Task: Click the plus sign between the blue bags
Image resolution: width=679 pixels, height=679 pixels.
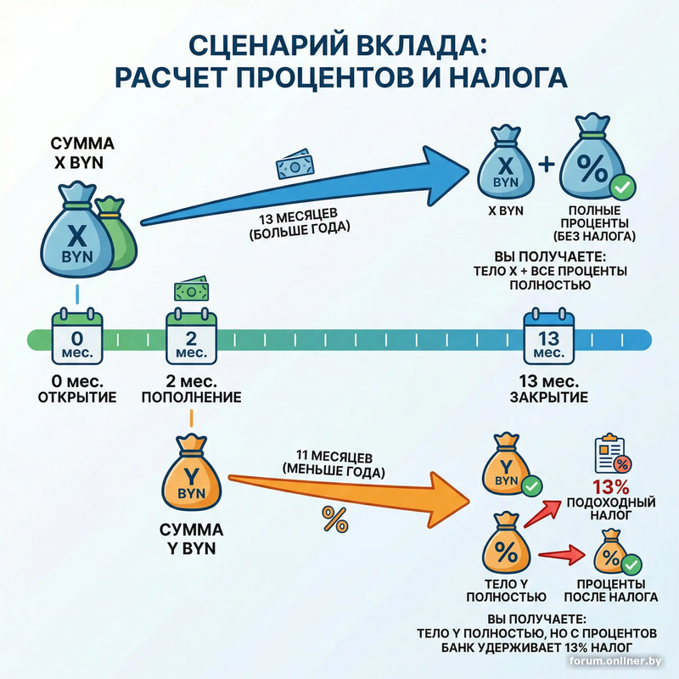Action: (x=546, y=166)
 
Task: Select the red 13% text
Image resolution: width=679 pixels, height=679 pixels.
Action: (x=611, y=488)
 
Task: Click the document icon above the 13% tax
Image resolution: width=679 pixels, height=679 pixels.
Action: (x=614, y=455)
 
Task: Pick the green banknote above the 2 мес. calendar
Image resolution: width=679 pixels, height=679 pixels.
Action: (x=192, y=291)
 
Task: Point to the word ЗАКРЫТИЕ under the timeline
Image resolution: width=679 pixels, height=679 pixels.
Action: (x=549, y=397)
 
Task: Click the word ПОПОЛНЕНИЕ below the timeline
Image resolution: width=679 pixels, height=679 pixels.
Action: (x=192, y=397)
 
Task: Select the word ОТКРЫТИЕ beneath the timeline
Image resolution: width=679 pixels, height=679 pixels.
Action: (x=77, y=397)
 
